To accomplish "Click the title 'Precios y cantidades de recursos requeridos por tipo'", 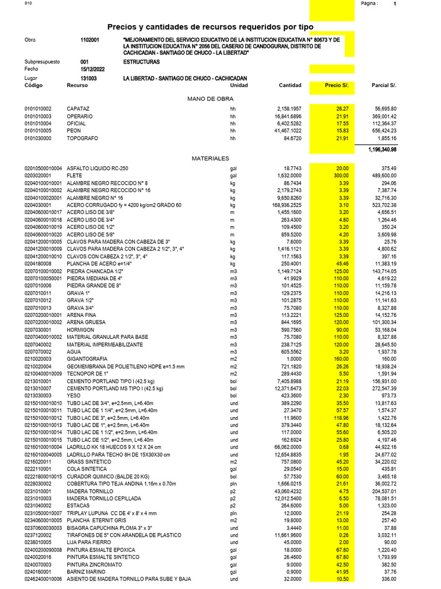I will [220, 27].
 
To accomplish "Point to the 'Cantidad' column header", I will [289, 85].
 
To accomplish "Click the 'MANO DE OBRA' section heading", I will [210, 99].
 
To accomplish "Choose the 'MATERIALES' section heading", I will [210, 158].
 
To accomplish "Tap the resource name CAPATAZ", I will [78, 109].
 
